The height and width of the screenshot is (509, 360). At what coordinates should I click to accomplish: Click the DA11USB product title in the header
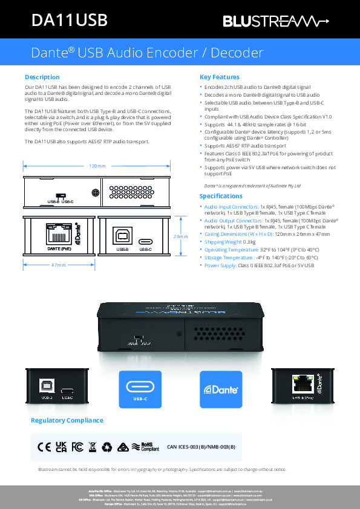click(x=69, y=21)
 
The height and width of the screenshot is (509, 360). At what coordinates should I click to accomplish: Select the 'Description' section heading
click(x=42, y=77)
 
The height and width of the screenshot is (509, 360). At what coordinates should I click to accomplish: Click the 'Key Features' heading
click(x=219, y=77)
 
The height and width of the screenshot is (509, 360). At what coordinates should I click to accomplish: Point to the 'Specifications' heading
click(x=221, y=196)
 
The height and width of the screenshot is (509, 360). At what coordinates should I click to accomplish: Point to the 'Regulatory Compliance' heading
click(x=67, y=420)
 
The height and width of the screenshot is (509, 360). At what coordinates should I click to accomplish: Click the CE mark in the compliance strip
click(x=44, y=447)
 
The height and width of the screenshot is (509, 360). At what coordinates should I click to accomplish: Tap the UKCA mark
click(x=61, y=447)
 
